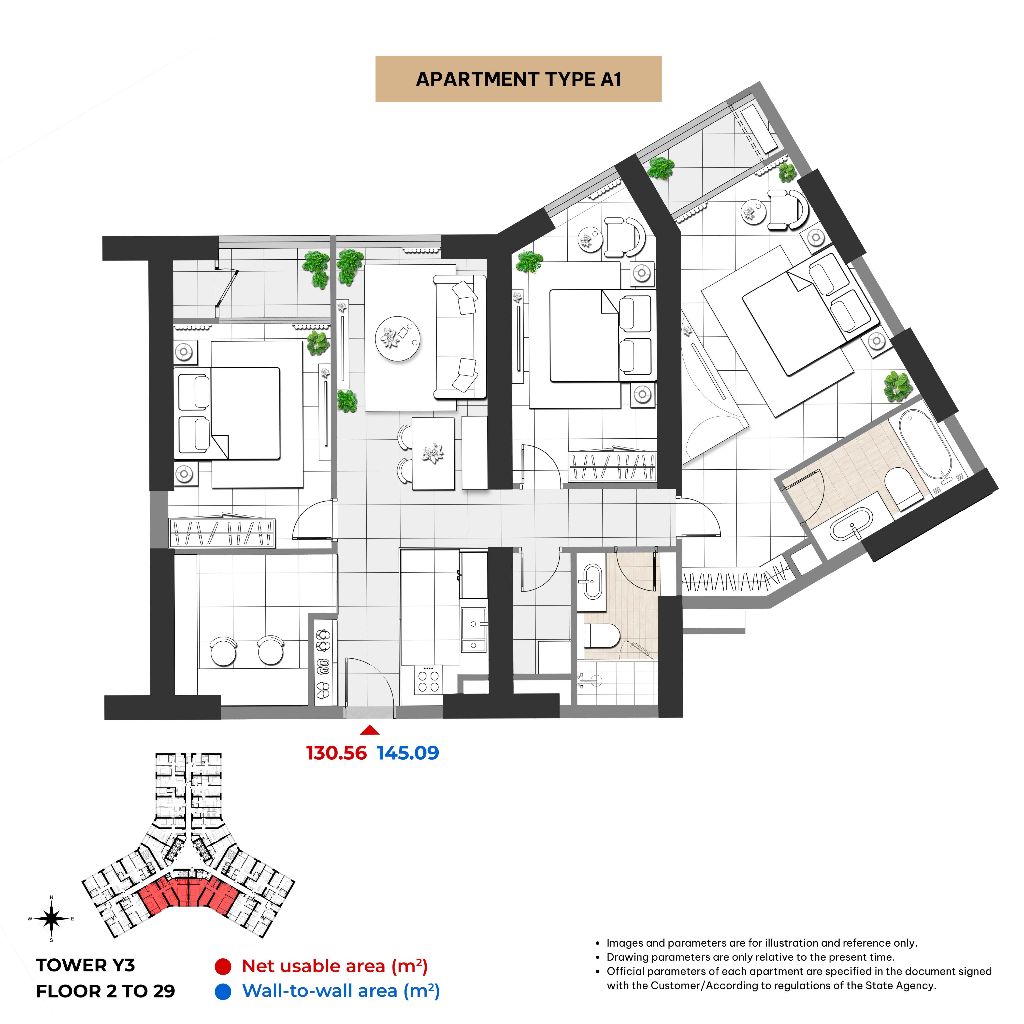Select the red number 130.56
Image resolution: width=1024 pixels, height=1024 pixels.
(337, 753)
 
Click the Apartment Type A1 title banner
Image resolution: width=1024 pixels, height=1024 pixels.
(518, 79)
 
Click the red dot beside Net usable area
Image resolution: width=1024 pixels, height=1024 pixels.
(223, 966)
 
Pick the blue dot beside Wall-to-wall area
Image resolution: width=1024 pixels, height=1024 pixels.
(223, 992)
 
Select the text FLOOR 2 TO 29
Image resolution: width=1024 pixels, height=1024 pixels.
(105, 991)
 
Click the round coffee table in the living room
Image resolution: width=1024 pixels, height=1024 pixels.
(398, 339)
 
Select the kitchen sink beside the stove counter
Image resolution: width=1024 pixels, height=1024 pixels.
(474, 629)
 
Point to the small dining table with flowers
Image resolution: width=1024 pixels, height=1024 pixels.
(433, 453)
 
